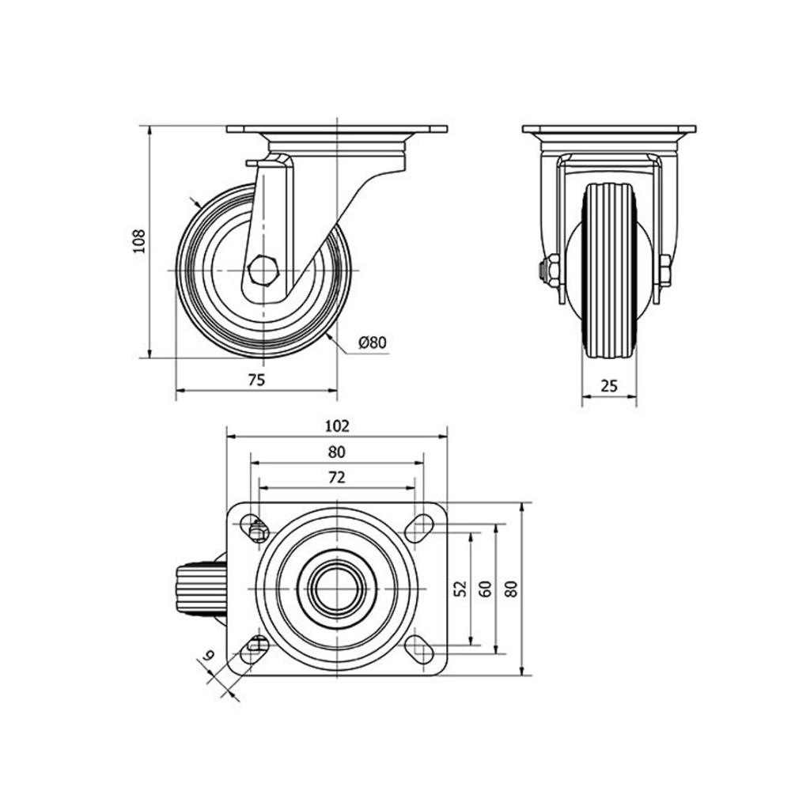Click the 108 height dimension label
(140, 240)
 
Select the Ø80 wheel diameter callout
(372, 342)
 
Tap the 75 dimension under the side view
(256, 380)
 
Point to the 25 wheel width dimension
(610, 385)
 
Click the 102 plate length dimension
(337, 426)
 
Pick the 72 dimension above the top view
(336, 478)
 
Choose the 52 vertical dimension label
(461, 589)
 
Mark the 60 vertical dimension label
(486, 589)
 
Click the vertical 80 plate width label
(512, 589)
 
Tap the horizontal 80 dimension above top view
(336, 452)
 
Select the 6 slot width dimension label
(209, 656)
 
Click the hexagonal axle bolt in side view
(263, 271)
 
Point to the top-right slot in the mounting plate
(419, 528)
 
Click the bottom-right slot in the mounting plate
(419, 649)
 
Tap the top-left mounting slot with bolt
(255, 528)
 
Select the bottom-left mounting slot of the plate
(255, 649)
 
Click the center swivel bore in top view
(337, 589)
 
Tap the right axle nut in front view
(664, 271)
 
